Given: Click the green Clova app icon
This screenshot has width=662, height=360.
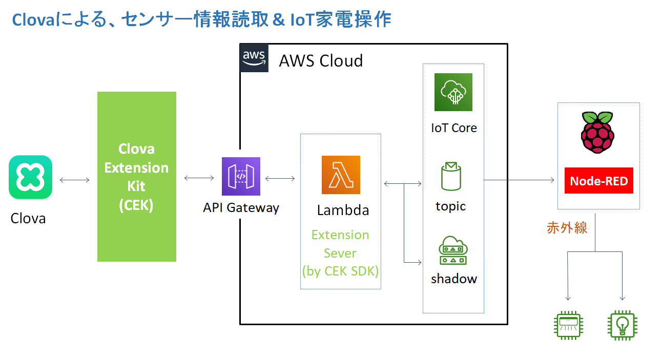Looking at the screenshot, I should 30,177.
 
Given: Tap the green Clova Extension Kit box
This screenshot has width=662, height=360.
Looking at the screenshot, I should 137,177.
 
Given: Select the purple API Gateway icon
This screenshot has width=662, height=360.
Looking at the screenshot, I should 241,176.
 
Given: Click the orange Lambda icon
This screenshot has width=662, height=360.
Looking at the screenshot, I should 341,175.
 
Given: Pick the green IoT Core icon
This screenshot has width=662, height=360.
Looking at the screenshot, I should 453,92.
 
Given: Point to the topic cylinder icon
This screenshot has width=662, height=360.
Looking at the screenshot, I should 451,177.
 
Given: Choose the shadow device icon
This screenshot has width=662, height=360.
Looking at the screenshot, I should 453,250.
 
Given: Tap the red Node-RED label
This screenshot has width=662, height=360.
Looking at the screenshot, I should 598,181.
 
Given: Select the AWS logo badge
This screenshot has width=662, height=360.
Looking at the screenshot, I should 254,58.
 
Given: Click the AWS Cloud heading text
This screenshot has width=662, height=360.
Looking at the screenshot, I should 321,61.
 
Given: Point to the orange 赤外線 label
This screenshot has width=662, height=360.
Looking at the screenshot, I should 567,228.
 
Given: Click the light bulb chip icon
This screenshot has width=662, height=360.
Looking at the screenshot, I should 622,325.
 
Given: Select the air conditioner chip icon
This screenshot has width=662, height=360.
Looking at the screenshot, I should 568,325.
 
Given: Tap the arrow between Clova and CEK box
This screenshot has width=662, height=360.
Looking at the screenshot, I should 75,180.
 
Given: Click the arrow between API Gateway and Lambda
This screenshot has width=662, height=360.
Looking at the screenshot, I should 280,178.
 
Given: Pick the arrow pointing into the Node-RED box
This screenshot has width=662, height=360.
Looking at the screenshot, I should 520,180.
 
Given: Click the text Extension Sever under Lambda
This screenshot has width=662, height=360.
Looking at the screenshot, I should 340,244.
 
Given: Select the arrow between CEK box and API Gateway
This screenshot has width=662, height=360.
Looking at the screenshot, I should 199,178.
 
